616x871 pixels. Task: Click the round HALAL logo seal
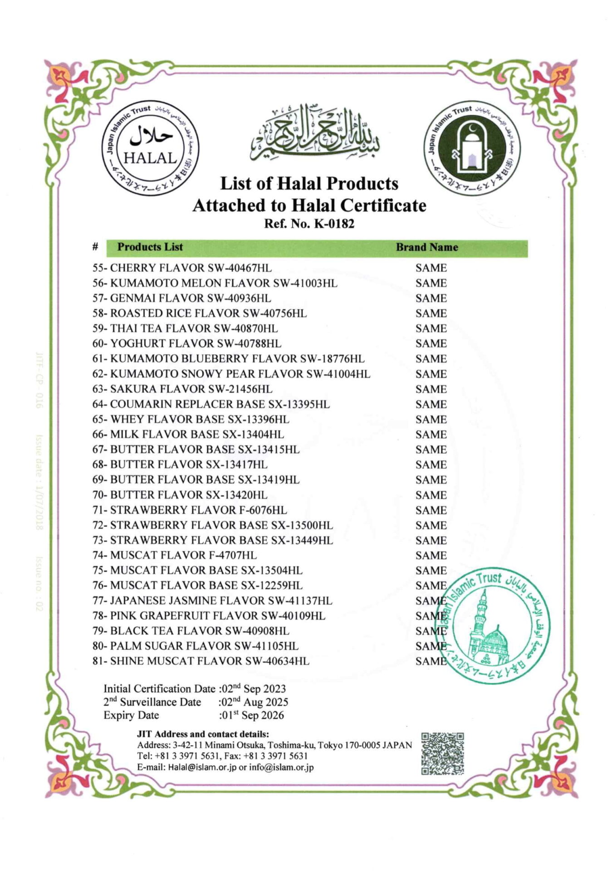[150, 148]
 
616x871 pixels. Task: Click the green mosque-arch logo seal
[472, 148]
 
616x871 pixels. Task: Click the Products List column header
[150, 247]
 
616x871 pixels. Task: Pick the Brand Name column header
[427, 247]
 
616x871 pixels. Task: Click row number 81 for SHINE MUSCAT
[99, 661]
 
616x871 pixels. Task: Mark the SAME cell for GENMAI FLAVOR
[431, 298]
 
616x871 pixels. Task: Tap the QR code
[442, 754]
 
